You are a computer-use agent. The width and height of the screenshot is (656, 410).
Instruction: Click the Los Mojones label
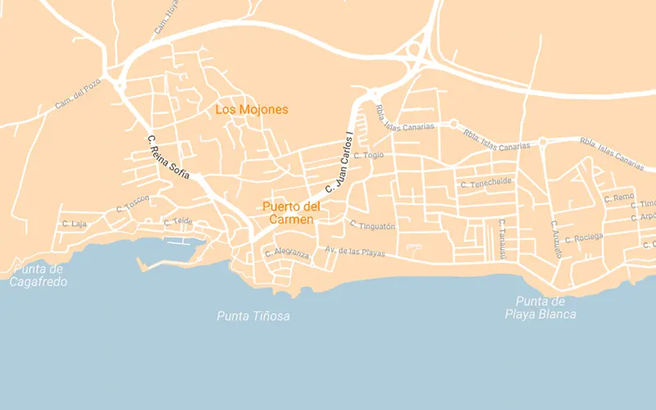[x=252, y=109]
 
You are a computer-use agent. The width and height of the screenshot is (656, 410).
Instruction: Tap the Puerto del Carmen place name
[x=291, y=212]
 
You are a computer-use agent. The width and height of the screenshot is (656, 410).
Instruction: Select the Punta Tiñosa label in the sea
[x=253, y=316]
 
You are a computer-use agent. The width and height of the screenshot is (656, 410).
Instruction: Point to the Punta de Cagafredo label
[x=39, y=276]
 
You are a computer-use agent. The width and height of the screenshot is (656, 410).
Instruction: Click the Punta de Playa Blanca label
[x=540, y=307]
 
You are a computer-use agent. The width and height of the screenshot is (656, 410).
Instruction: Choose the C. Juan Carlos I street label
[x=339, y=162]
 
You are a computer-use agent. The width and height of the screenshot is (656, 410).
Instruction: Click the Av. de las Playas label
[x=354, y=252]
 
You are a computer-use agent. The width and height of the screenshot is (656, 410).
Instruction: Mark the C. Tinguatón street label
[x=372, y=225]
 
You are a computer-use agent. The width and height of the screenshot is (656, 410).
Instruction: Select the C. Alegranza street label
[x=287, y=253]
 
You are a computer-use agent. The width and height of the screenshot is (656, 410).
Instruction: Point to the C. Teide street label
[x=178, y=221]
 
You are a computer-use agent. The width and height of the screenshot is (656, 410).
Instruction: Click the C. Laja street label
[x=74, y=224]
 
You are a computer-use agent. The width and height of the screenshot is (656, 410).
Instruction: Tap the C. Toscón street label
[x=133, y=203]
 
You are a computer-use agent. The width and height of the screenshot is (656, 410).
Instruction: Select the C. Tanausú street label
[x=502, y=239]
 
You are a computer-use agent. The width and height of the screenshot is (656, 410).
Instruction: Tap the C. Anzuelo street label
[x=555, y=239]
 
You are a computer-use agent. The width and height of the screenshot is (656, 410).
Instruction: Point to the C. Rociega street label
[x=583, y=238]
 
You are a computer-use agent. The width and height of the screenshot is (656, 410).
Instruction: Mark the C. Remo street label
[x=619, y=198]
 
